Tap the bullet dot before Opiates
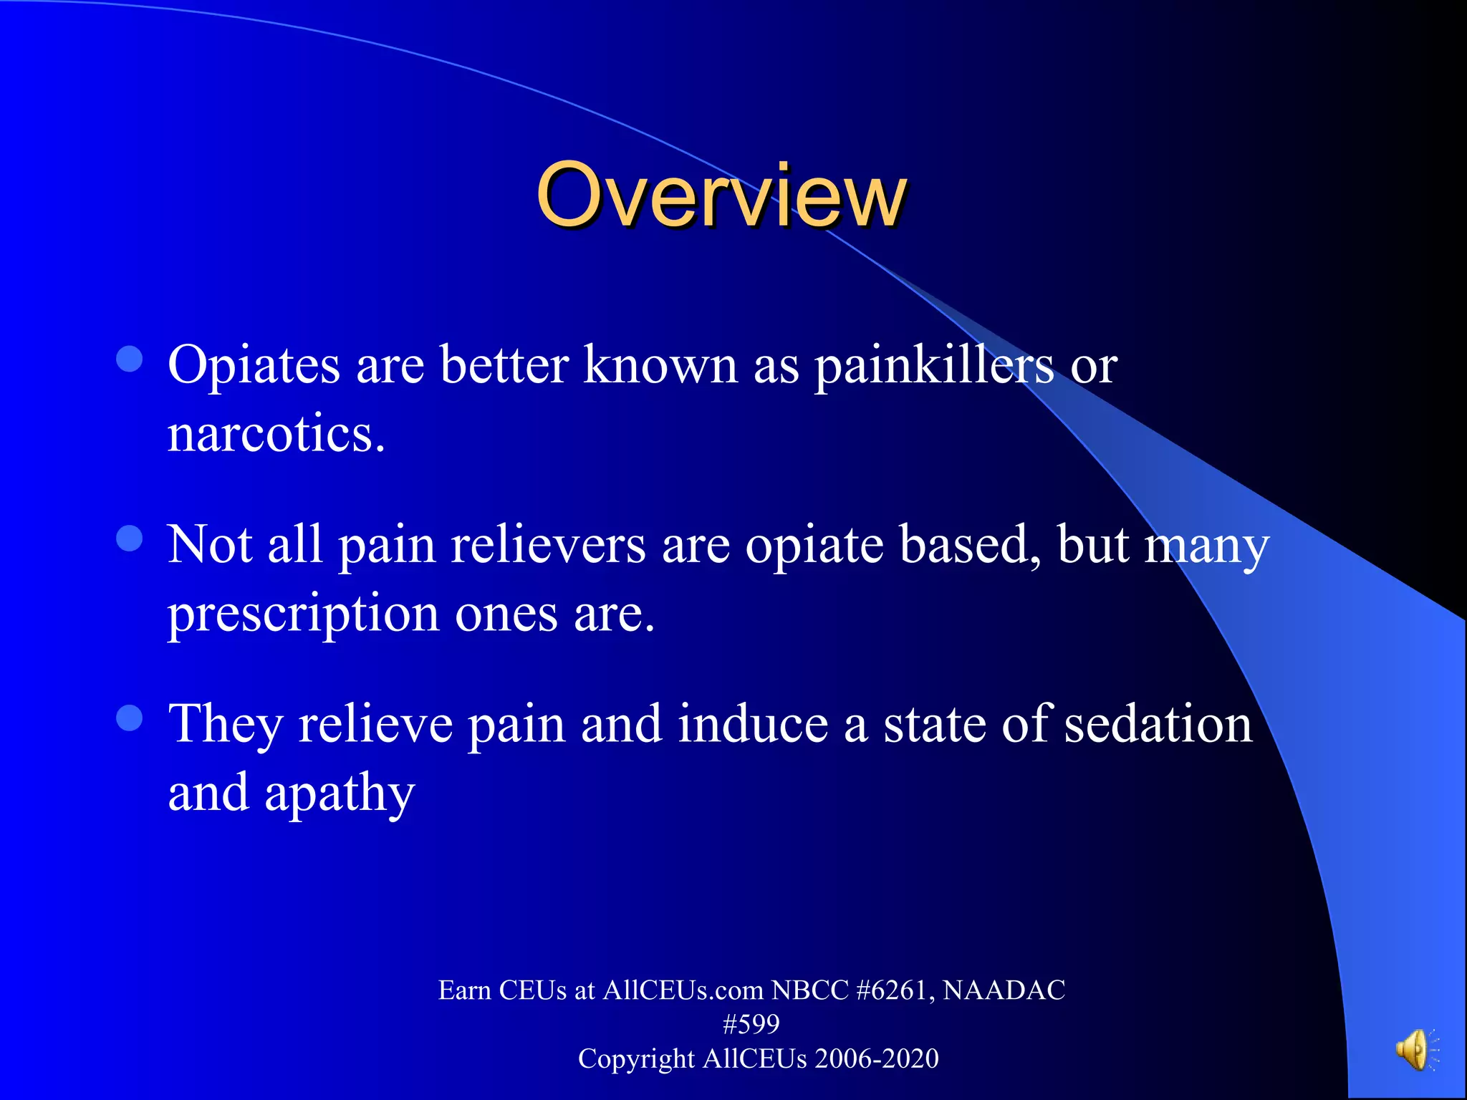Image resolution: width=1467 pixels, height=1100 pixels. (130, 360)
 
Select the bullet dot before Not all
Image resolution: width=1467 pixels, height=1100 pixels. (130, 539)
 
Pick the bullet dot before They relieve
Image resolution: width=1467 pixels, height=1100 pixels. (130, 718)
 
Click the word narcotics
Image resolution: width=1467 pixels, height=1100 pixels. (276, 434)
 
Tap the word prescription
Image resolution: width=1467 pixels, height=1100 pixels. (303, 614)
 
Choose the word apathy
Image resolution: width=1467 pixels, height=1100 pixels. (340, 793)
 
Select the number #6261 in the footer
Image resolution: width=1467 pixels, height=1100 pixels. (895, 990)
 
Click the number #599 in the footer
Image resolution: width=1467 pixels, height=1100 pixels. (751, 1025)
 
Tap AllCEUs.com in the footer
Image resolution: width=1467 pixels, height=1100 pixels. (683, 990)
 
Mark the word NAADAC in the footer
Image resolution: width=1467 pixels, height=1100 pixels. (1004, 990)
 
